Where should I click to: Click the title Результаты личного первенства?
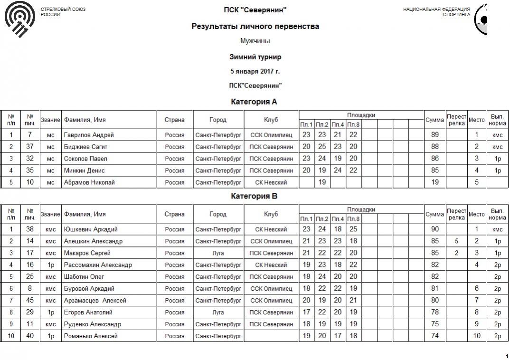click(x=255, y=26)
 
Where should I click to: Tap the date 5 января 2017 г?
click(x=255, y=71)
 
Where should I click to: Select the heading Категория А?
click(x=254, y=102)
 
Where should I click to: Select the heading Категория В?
click(x=254, y=196)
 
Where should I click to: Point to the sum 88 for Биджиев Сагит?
click(x=434, y=147)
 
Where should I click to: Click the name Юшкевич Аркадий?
click(x=91, y=229)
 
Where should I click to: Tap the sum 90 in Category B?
click(x=434, y=229)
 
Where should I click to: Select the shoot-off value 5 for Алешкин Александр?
click(x=456, y=241)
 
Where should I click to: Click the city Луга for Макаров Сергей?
click(x=218, y=253)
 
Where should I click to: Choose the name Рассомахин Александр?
click(x=98, y=265)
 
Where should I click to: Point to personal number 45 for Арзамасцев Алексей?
click(x=30, y=300)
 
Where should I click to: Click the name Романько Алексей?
click(x=91, y=336)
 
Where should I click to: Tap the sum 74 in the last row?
click(x=434, y=336)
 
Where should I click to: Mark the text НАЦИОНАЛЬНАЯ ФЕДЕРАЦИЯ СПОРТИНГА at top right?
click(x=436, y=12)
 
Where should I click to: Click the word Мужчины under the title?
click(x=255, y=41)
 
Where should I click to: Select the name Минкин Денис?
click(x=84, y=171)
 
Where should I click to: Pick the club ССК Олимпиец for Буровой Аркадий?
click(x=271, y=289)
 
